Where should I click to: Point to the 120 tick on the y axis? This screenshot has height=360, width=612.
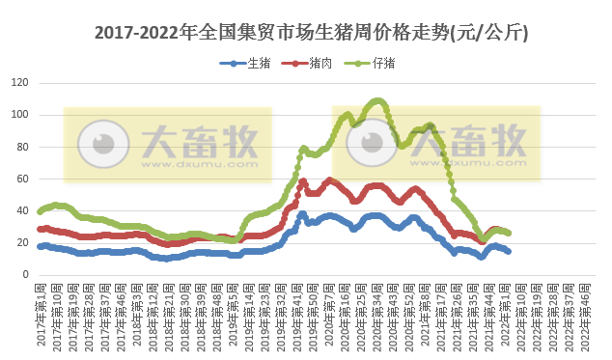(19, 83)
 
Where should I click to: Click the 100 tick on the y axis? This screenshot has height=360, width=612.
(19, 115)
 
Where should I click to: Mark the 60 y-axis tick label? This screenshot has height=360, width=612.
(22, 179)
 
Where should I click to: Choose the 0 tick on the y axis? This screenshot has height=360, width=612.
(26, 274)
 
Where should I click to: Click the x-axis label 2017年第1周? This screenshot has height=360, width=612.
(40, 314)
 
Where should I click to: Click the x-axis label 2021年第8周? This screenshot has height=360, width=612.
(425, 314)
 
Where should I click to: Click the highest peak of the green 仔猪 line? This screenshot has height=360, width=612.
(377, 100)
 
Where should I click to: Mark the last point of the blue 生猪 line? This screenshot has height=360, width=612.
(509, 251)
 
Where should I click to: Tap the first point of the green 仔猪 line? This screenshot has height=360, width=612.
(40, 210)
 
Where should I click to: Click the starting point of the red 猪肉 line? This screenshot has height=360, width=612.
(40, 229)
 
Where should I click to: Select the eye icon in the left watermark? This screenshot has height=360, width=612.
(97, 143)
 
